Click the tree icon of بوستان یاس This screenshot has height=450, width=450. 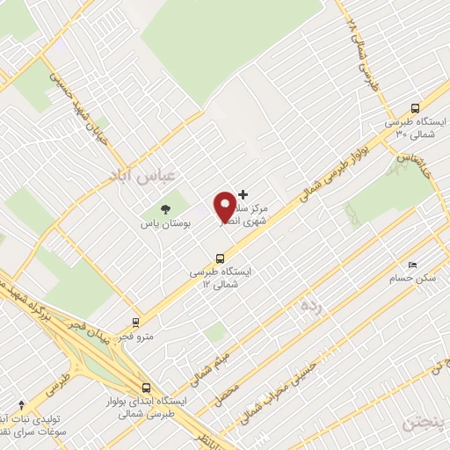164,208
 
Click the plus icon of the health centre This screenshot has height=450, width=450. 243,194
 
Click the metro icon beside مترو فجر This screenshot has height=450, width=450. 135,323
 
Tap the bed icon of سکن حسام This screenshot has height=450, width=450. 411,264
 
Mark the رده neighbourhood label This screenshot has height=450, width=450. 309,307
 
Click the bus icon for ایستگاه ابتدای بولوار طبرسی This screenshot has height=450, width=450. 146,388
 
